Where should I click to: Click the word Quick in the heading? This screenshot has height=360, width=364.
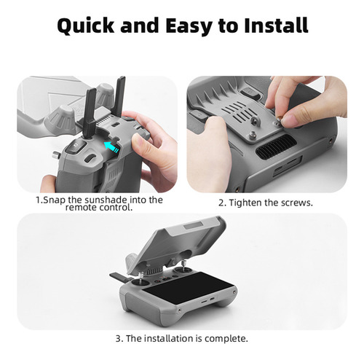click(x=86, y=26)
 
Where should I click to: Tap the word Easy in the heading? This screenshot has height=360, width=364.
click(x=189, y=26)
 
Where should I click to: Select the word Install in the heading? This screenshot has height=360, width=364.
click(x=276, y=25)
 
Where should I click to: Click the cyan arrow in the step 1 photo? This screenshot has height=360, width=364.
click(x=111, y=146)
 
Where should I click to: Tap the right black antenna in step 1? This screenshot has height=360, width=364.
click(x=120, y=96)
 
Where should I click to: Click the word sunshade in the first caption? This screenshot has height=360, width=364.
click(x=106, y=200)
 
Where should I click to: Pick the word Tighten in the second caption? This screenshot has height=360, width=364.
click(x=245, y=203)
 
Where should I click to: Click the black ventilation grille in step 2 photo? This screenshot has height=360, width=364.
click(x=277, y=147)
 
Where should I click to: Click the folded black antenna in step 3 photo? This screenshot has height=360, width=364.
click(x=119, y=277)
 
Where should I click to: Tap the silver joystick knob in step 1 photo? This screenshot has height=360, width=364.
click(x=56, y=154)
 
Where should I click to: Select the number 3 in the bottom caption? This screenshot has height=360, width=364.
click(x=118, y=339)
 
